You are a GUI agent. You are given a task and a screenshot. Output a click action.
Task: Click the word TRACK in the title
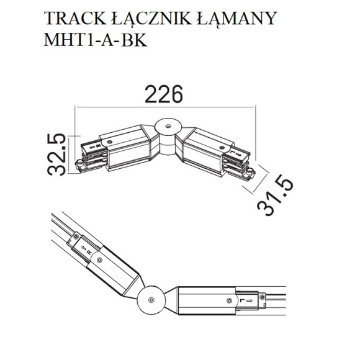click(x=75, y=18)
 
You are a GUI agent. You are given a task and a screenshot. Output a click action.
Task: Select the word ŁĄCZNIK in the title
click(x=151, y=19)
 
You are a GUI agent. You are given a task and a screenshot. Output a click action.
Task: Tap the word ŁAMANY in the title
click(x=236, y=19)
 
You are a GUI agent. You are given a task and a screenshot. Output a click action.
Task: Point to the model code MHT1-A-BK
click(x=96, y=40)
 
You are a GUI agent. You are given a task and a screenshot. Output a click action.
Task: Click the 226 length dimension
click(x=164, y=94)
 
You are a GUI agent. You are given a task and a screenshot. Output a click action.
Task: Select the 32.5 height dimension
click(x=56, y=155)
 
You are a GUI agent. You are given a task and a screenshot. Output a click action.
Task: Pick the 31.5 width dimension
click(x=276, y=195)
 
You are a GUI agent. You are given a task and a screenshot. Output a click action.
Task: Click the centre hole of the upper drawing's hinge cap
click(x=168, y=126)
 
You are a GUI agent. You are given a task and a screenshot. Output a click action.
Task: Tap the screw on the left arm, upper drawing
click(x=110, y=142)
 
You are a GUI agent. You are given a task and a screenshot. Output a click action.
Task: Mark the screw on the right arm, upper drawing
click(x=222, y=148)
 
